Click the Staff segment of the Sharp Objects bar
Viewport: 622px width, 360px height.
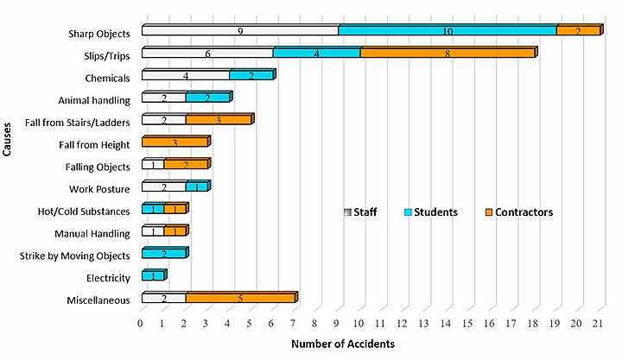pos(239,31)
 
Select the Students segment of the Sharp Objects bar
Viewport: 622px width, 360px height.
pos(447,31)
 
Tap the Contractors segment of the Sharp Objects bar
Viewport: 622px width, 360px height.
pos(578,31)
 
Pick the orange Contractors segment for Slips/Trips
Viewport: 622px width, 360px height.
pos(447,54)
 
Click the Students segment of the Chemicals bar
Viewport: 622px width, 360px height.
pos(251,76)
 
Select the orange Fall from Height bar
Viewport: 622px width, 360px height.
pos(175,143)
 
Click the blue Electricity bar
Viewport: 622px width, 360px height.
pos(152,277)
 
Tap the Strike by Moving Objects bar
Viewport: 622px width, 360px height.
pos(163,255)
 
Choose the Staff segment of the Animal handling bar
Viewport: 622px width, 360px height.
pos(163,98)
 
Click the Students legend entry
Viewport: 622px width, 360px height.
pos(433,212)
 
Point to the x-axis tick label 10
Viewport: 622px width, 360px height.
pos(359,324)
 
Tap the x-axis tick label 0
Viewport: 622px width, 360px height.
pos(142,324)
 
